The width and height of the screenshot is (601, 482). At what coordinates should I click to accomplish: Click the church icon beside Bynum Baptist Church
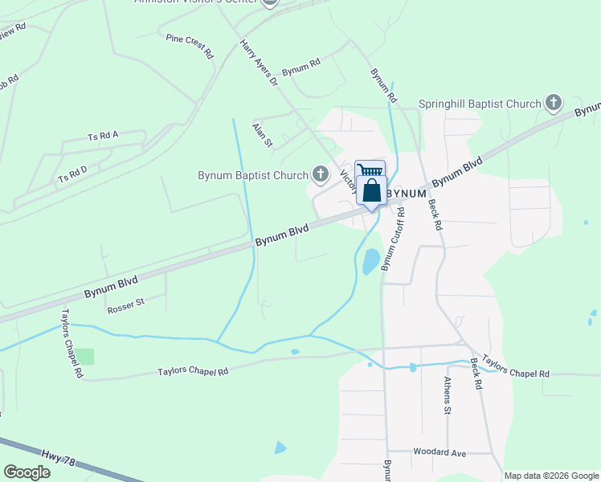[x=321, y=174]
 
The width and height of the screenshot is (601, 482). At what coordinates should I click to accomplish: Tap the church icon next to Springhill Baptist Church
[x=553, y=103]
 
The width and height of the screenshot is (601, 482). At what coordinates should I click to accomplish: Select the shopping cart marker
[x=370, y=170]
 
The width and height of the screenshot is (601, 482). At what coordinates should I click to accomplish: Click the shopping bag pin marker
[x=371, y=191]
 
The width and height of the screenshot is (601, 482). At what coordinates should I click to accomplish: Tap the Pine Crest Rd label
[x=190, y=47]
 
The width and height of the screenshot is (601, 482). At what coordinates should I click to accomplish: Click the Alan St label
[x=263, y=135]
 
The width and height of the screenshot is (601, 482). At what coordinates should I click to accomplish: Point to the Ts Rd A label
[x=103, y=135]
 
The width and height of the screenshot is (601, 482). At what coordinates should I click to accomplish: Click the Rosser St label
[x=125, y=304]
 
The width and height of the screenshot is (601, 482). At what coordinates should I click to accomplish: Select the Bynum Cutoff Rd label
[x=392, y=238]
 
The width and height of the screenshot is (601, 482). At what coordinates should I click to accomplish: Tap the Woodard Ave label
[x=439, y=453]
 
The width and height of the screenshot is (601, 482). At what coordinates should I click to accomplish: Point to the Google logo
[x=27, y=472]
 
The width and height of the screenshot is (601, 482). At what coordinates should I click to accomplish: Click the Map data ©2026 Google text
[x=551, y=476]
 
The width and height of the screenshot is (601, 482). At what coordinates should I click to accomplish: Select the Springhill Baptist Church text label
[x=480, y=104]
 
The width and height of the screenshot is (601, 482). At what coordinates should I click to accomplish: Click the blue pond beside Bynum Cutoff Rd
[x=370, y=262]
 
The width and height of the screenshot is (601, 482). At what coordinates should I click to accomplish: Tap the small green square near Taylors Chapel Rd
[x=84, y=356]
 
